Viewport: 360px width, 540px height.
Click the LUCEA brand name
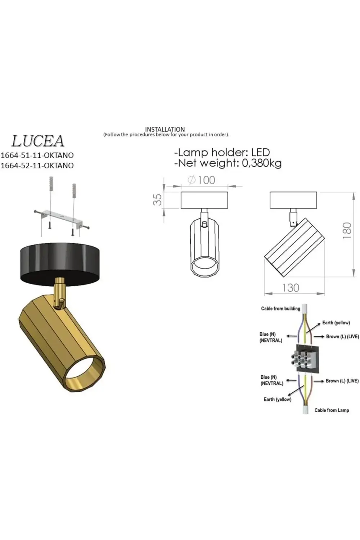click(x=38, y=141)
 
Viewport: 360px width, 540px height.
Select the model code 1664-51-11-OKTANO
click(x=37, y=156)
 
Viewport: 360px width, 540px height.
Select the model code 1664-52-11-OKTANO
click(x=37, y=166)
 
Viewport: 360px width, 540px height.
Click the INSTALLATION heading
click(x=165, y=129)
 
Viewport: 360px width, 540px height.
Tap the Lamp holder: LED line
click(x=222, y=153)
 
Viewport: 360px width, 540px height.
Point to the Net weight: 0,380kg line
click(x=228, y=163)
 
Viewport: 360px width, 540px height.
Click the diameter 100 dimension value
click(x=202, y=180)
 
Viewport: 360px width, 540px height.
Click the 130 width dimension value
click(x=291, y=288)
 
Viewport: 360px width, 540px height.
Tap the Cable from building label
click(x=280, y=309)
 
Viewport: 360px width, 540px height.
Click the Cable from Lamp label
click(x=332, y=410)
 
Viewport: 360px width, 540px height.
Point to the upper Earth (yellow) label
click(x=336, y=323)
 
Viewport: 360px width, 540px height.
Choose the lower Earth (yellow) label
click(x=278, y=399)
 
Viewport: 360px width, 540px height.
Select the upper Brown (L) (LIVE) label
click(x=342, y=337)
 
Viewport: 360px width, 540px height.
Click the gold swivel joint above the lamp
click(x=60, y=292)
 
